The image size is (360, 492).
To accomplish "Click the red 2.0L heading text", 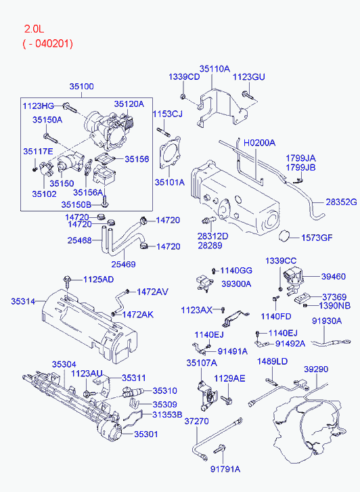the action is click(x=35, y=29).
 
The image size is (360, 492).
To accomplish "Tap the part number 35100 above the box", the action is click(x=81, y=87).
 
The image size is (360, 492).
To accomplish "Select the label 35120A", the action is click(x=129, y=104).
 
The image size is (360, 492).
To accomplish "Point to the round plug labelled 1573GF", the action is click(x=285, y=236).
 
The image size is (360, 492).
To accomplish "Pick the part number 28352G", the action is click(x=341, y=202).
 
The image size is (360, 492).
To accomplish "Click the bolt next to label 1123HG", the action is click(x=70, y=108).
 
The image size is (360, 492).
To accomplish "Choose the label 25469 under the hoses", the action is click(x=123, y=264).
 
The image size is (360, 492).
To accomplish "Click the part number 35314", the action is click(x=23, y=301).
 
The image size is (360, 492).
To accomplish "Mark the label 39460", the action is click(x=334, y=276).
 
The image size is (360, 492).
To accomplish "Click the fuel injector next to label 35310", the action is click(x=133, y=393).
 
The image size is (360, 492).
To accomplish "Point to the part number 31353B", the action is click(x=167, y=415).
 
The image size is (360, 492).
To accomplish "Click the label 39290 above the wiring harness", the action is click(x=316, y=370).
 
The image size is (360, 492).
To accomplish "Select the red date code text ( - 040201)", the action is click(x=48, y=43).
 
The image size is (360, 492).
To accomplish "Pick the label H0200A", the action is click(x=260, y=143).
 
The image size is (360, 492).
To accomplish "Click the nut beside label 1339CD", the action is click(x=182, y=96).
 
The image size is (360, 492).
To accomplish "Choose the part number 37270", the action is click(x=196, y=422).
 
